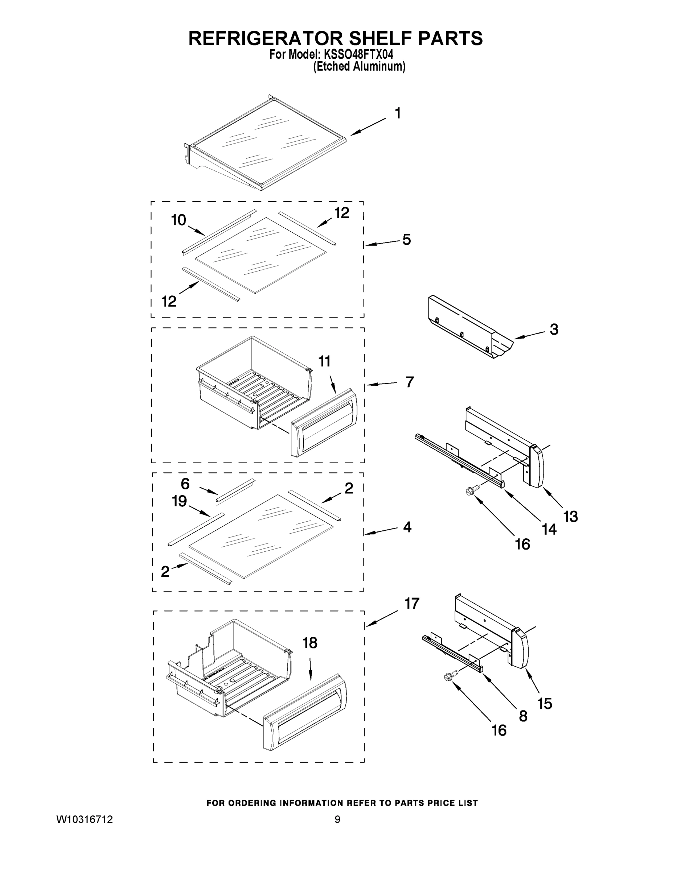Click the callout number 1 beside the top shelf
pyautogui.click(x=398, y=113)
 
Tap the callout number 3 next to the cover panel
pyautogui.click(x=554, y=330)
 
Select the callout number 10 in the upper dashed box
pyautogui.click(x=178, y=220)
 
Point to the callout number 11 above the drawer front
pyautogui.click(x=324, y=361)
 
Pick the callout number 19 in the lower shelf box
pyautogui.click(x=180, y=501)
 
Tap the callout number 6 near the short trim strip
pyautogui.click(x=185, y=484)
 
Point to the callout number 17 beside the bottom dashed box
pyautogui.click(x=412, y=604)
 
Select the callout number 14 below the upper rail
pyautogui.click(x=549, y=529)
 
